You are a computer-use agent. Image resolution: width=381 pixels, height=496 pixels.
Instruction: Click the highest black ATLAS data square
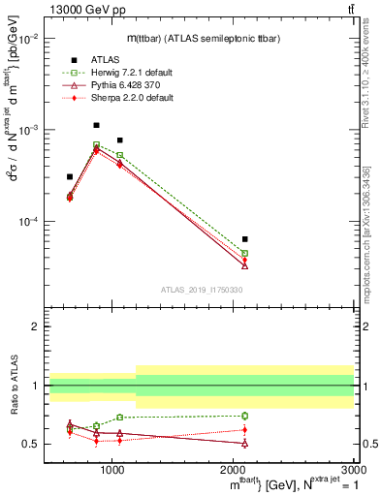coord(96,125)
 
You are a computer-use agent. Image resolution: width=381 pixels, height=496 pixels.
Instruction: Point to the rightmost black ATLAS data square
coord(244,238)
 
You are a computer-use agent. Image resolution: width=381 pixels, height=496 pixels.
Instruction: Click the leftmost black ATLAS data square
coord(70,176)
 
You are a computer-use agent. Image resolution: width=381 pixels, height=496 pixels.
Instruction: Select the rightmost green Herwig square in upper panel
coord(244,253)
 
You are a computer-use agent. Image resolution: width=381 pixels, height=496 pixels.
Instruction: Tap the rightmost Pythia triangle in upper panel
coord(244,264)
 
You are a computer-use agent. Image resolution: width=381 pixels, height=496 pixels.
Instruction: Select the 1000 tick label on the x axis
coord(112,470)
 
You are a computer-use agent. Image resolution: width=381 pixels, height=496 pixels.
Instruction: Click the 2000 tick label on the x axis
coord(234,470)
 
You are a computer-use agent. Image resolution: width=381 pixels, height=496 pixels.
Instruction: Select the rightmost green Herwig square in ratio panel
coord(244,416)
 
